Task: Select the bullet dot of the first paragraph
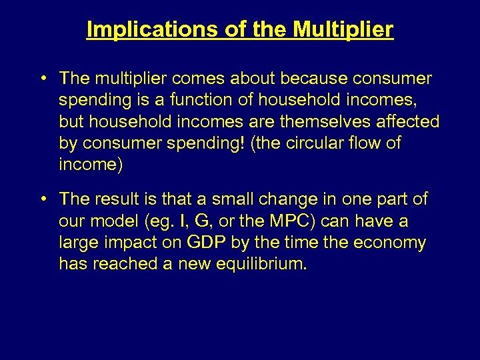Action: (43, 79)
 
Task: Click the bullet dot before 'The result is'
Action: (43, 199)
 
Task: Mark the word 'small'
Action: (228, 199)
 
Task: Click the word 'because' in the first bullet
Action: (312, 79)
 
